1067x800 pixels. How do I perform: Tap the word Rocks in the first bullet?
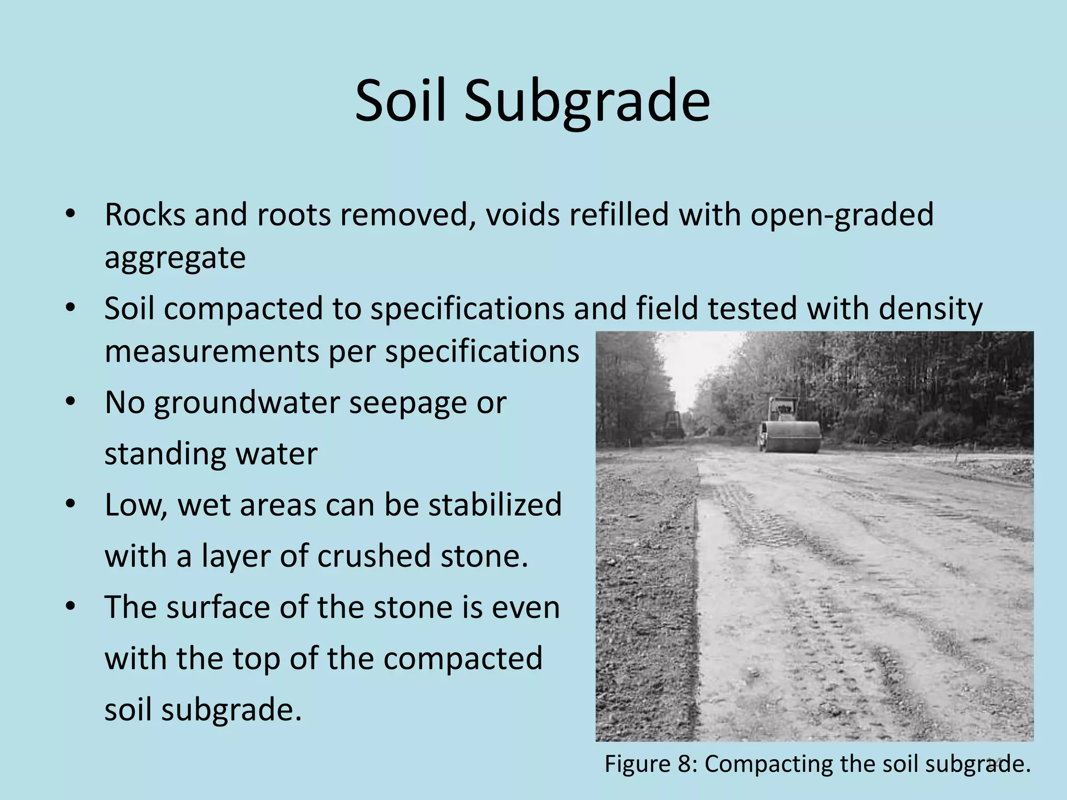pyautogui.click(x=144, y=215)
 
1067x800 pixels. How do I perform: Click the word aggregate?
pyautogui.click(x=175, y=258)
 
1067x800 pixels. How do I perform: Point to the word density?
pyautogui.click(x=930, y=309)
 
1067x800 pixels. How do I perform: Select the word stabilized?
pyautogui.click(x=495, y=505)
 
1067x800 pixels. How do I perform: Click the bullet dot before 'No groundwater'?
pyautogui.click(x=71, y=402)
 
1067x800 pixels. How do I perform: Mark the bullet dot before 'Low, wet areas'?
pyautogui.click(x=71, y=505)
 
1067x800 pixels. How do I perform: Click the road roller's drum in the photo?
pyautogui.click(x=795, y=436)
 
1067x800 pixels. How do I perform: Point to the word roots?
pyautogui.click(x=294, y=215)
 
